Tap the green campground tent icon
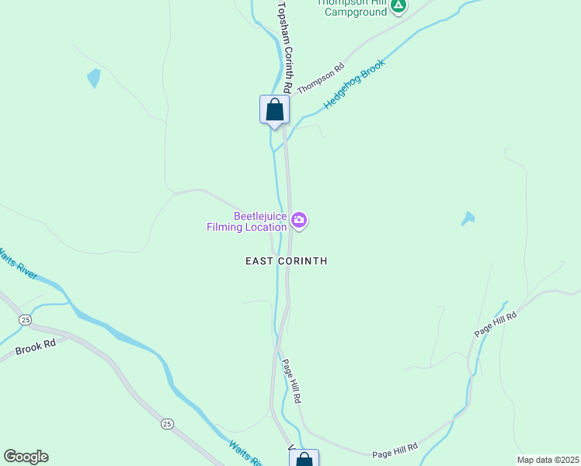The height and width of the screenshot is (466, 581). (x=398, y=6)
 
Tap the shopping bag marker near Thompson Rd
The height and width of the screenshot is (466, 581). (x=274, y=110)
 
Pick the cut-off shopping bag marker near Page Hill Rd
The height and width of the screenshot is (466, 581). (x=304, y=459)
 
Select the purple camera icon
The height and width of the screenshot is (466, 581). (x=299, y=222)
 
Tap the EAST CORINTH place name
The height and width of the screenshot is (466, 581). (x=286, y=261)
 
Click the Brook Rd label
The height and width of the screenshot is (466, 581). (x=36, y=349)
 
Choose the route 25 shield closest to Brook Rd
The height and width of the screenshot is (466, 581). (x=26, y=319)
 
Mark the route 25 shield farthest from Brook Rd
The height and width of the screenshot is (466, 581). (x=167, y=423)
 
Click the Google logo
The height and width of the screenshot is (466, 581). (x=26, y=456)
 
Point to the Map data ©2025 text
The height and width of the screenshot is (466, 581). (x=548, y=460)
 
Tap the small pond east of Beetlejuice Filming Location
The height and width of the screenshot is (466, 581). (x=468, y=219)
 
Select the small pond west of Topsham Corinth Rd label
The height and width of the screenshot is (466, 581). (x=94, y=78)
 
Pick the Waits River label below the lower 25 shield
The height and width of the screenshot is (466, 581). (x=245, y=454)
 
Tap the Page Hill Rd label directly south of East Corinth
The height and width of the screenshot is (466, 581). (x=291, y=381)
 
